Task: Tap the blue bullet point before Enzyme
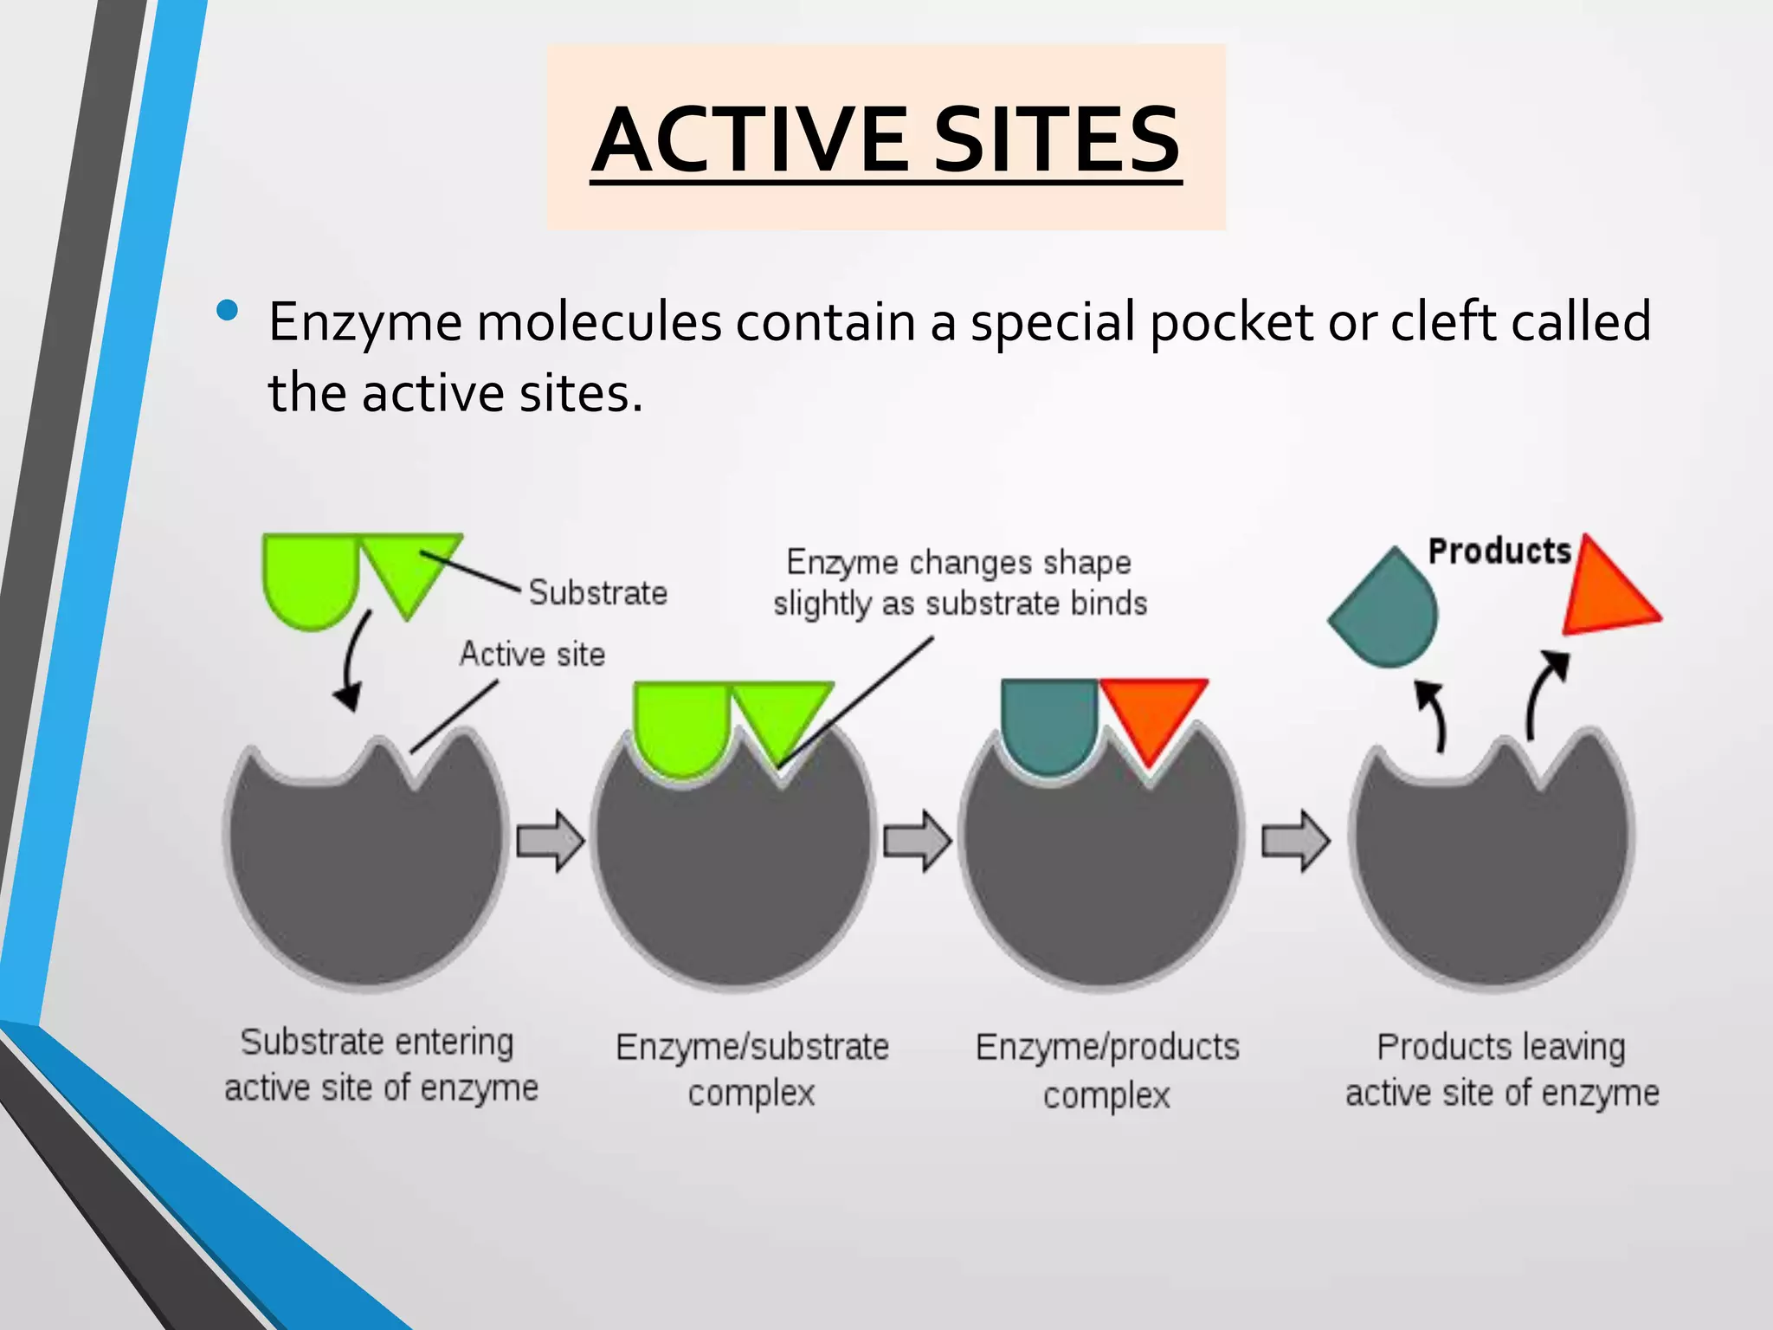pos(228,311)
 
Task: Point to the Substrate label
pos(598,593)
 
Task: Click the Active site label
pos(532,654)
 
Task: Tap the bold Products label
pos(1499,551)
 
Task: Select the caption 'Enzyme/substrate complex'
pos(751,1069)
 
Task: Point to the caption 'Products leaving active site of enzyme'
pos(1502,1069)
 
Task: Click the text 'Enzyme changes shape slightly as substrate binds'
pos(959,583)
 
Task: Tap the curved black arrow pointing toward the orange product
pos(1543,693)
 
